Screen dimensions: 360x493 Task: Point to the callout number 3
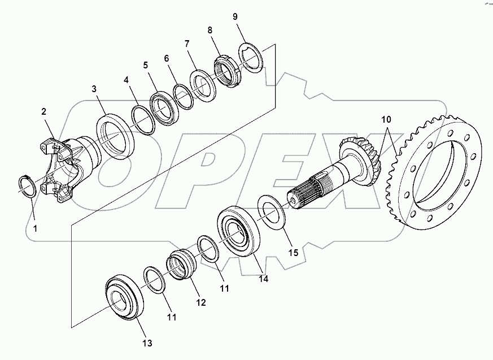pos(94,89)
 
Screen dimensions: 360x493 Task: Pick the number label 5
pos(145,66)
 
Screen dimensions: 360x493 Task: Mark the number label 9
pos(235,16)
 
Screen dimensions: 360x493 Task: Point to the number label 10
pos(386,120)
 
